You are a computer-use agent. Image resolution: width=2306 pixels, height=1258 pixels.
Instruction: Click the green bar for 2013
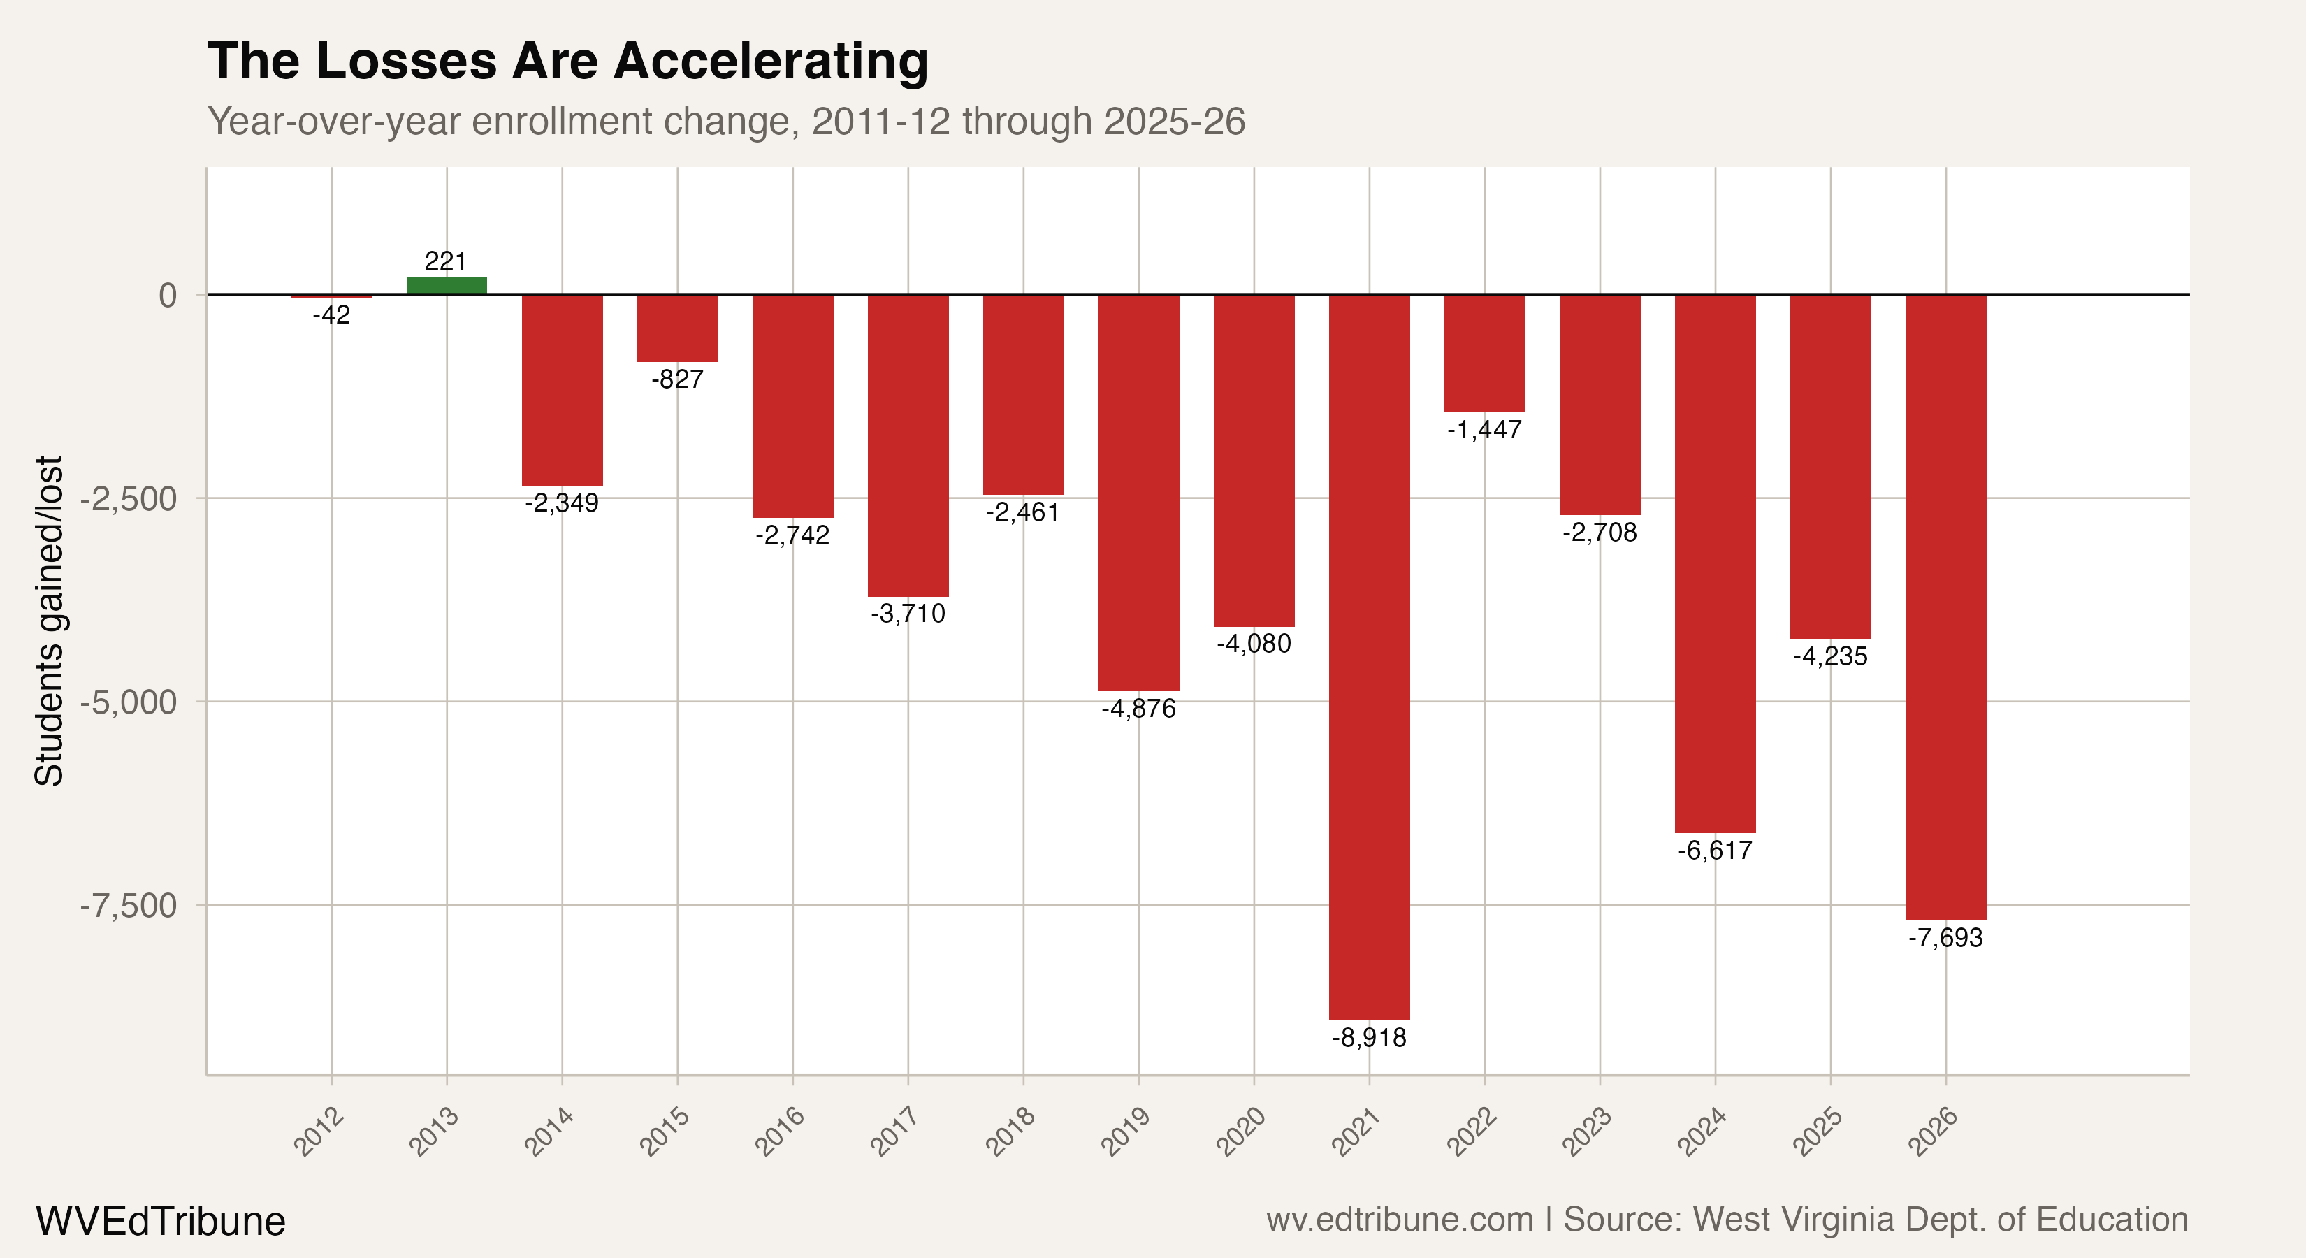[x=447, y=286]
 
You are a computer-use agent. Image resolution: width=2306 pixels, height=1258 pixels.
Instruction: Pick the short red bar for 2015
[x=678, y=328]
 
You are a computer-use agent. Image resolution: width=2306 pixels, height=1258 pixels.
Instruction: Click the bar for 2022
[x=1484, y=353]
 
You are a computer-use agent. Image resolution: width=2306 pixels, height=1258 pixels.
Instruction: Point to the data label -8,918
[x=1369, y=1038]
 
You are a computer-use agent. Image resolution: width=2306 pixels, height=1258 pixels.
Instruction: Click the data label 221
[x=446, y=261]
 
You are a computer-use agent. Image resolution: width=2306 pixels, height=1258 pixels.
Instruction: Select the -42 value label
[x=331, y=315]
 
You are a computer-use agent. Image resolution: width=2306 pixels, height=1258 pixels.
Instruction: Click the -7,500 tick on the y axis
[x=129, y=905]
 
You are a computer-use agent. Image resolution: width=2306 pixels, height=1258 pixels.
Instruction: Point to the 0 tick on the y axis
[x=168, y=294]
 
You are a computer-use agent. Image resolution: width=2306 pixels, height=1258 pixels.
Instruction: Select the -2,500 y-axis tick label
[x=129, y=499]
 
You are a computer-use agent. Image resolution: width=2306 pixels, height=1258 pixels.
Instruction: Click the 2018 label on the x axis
[x=1010, y=1131]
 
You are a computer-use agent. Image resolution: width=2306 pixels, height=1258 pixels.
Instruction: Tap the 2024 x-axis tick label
[x=1702, y=1131]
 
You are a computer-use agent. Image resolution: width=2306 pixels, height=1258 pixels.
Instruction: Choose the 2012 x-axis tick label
[x=319, y=1131]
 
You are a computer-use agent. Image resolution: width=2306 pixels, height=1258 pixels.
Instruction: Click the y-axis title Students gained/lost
[x=49, y=621]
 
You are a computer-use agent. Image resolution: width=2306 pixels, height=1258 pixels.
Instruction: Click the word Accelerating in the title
[x=771, y=62]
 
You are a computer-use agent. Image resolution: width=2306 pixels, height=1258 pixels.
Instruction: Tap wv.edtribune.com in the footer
[x=1398, y=1220]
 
